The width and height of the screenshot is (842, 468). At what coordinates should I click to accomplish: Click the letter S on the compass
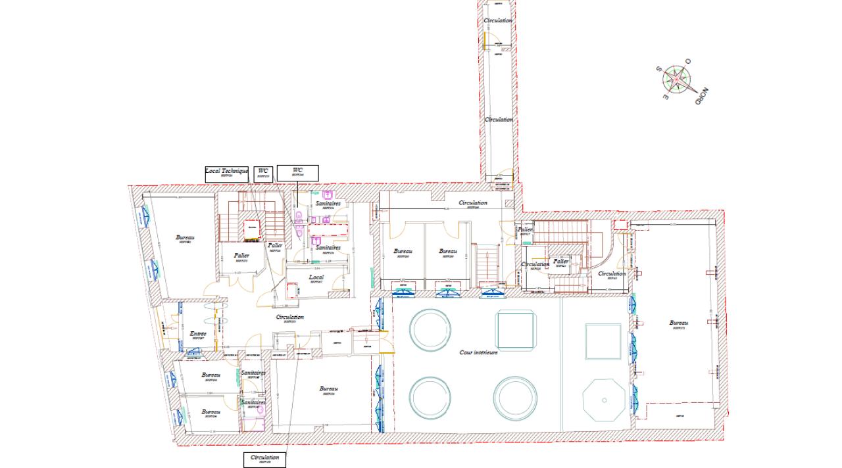coord(658,68)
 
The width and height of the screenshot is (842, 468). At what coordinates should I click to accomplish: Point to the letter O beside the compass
coord(688,61)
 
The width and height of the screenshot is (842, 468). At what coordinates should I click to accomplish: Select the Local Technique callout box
coord(226,173)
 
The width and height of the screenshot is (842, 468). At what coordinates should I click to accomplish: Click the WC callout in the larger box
coord(297,173)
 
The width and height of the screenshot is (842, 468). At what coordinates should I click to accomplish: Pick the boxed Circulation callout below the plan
coord(264,459)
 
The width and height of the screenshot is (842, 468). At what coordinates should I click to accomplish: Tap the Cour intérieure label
coord(478,352)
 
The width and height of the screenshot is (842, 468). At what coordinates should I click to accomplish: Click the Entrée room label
coord(198,335)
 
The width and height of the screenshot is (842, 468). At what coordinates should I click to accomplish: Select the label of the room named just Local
coord(316,278)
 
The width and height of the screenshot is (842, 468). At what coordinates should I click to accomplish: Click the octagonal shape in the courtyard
coord(604,400)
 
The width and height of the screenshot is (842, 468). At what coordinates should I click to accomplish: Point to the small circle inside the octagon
coord(604,400)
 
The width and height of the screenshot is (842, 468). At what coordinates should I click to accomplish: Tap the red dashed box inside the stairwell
coord(251,228)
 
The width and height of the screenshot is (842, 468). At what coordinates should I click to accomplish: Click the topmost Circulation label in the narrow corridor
coord(498,21)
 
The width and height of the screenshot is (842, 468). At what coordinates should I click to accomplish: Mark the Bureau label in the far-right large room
coord(678,323)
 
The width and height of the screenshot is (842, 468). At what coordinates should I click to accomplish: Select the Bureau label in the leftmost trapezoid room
coord(185,238)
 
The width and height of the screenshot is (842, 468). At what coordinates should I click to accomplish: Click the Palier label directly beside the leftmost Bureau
coord(241,256)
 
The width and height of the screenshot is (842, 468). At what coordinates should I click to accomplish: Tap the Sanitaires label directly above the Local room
coord(328,248)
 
